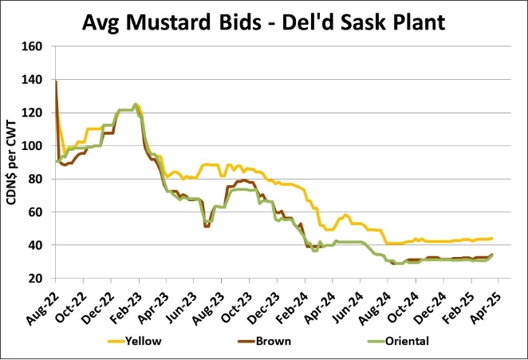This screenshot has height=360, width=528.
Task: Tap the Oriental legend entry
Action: point(408,341)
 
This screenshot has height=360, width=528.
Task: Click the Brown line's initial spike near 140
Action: point(56,81)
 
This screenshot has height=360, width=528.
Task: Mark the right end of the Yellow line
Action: point(492,238)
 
